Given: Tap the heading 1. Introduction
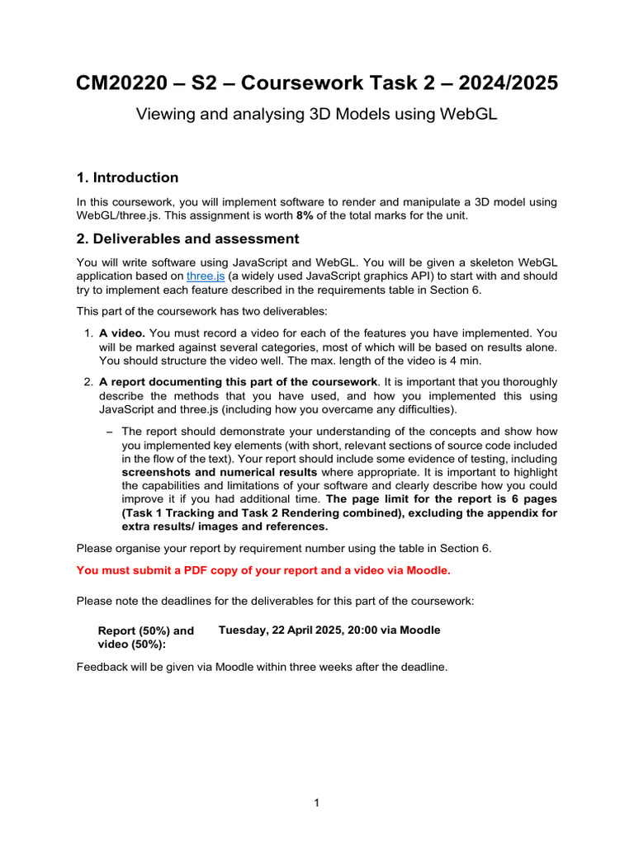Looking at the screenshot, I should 127,177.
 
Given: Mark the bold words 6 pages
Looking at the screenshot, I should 530,499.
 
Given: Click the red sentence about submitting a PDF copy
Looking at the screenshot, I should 264,569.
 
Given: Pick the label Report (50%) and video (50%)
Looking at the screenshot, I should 146,637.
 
